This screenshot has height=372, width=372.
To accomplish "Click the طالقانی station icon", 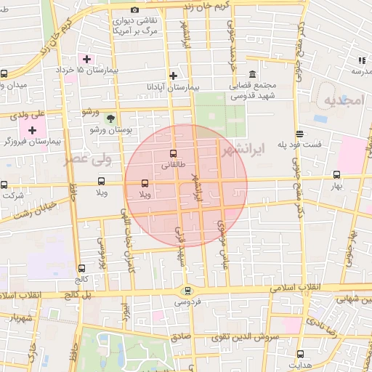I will click(x=172, y=154).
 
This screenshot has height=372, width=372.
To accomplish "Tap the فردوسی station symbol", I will click(x=186, y=291).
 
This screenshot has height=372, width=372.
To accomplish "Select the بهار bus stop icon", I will click(x=336, y=175).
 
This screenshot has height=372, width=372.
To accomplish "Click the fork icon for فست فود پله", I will click(x=299, y=134).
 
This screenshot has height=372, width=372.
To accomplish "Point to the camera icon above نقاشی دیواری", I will click(x=134, y=9).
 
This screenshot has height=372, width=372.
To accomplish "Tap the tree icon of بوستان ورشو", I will click(x=110, y=117).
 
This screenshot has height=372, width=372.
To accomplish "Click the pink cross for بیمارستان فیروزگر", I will click(x=32, y=129).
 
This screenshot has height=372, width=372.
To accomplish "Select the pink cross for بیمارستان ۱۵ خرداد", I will click(x=86, y=59).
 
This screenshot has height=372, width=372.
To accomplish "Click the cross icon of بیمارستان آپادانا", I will click(x=173, y=75).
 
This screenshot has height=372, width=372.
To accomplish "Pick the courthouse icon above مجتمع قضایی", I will click(x=252, y=75).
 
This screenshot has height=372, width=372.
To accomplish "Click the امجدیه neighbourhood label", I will click(x=342, y=100).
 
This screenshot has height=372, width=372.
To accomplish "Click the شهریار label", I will click(x=17, y=318).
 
